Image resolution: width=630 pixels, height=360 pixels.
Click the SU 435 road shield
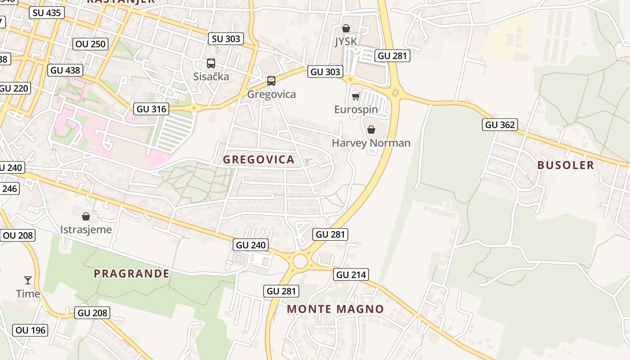[47, 13]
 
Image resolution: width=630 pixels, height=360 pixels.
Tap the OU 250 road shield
[90, 44]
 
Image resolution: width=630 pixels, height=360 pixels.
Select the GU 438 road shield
[65, 70]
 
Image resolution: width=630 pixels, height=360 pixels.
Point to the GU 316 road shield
[152, 109]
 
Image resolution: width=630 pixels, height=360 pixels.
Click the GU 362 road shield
[500, 125]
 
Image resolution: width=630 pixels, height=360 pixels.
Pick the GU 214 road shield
[351, 274]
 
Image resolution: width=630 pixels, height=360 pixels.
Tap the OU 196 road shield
[31, 330]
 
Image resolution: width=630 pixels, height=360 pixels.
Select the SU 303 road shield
[226, 39]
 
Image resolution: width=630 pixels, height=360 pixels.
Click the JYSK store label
[346, 42]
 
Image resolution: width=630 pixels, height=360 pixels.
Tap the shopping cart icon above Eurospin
[356, 96]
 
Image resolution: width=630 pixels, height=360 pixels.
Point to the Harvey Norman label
[371, 143]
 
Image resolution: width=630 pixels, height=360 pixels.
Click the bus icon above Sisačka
[211, 63]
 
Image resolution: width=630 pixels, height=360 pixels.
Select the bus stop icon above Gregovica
[271, 81]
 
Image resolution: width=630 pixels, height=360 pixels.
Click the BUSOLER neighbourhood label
[566, 165]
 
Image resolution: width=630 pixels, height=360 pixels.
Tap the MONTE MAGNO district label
[335, 309]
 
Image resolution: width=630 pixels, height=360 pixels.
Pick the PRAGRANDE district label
[131, 274]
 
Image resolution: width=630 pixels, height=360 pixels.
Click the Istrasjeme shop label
[86, 230]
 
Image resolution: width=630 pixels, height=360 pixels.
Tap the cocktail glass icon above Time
[28, 280]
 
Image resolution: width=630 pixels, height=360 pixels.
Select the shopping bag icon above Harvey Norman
[371, 130]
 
